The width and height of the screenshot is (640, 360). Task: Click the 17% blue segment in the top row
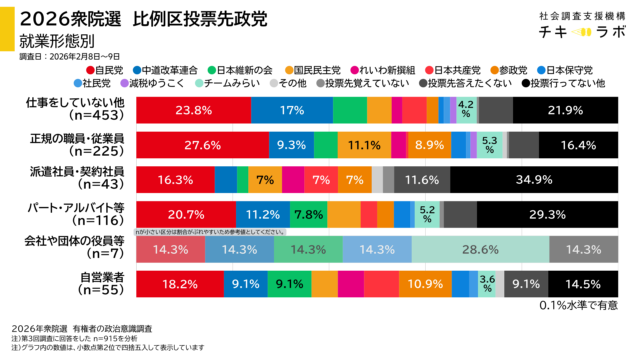coord(292,109)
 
